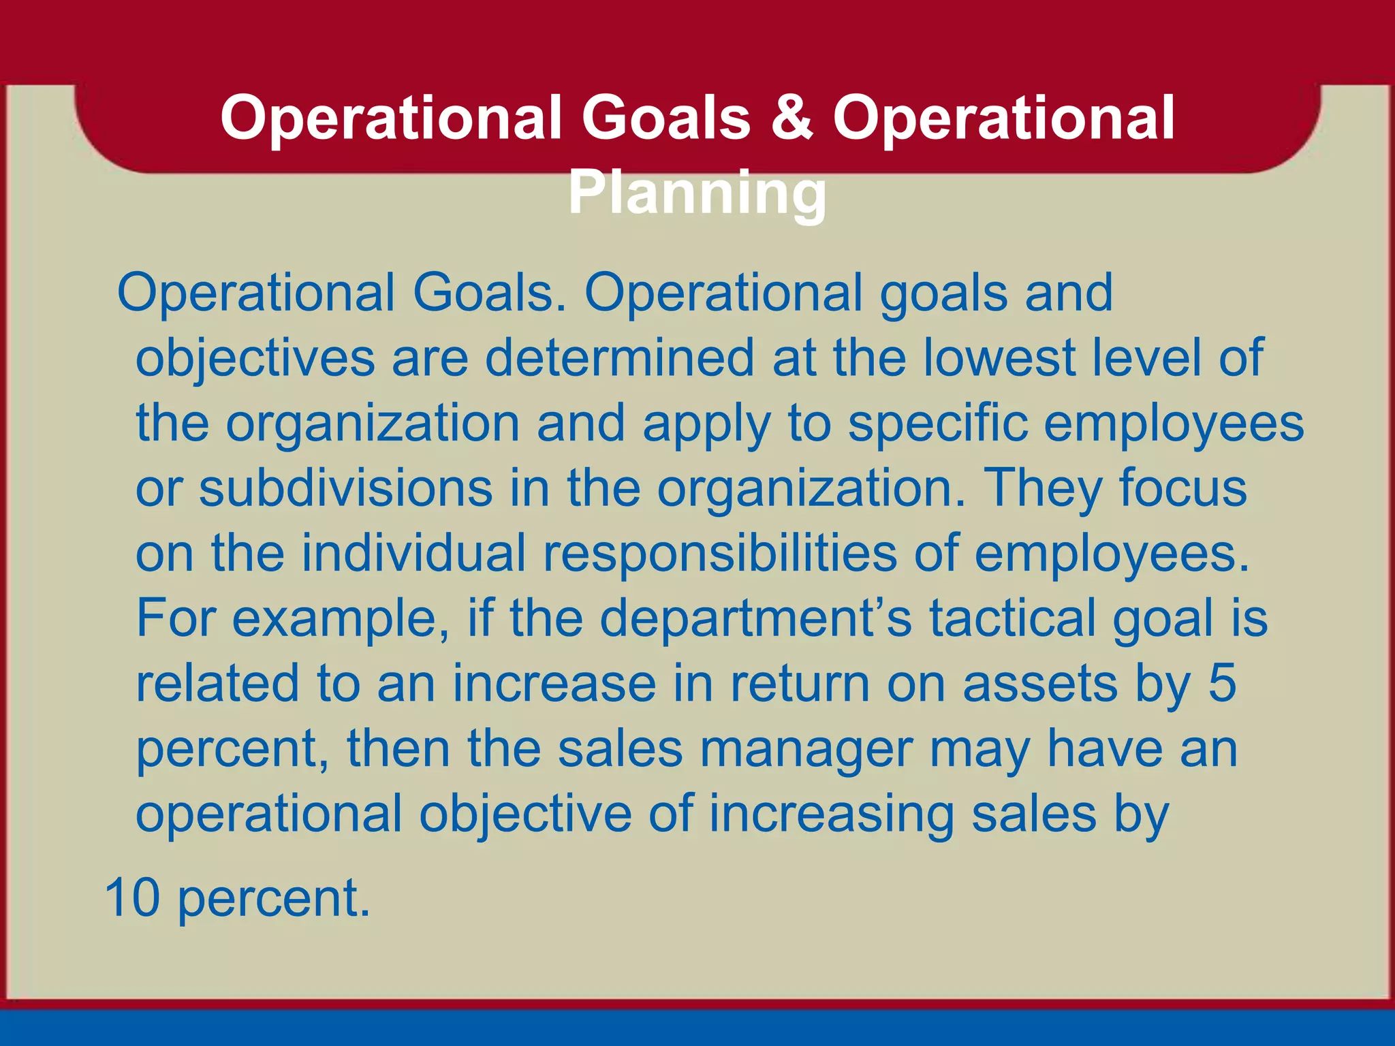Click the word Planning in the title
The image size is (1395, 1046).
coord(697,193)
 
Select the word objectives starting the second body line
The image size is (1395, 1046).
coord(255,358)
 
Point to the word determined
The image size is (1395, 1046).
coord(619,358)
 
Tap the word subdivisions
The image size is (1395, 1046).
coord(345,488)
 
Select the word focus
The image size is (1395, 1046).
coord(1182,488)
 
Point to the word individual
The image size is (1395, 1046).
coord(413,553)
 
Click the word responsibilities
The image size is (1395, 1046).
coord(719,553)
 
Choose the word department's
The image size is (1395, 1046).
coord(755,618)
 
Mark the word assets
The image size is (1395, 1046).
coord(1040,684)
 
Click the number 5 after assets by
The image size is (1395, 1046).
coord(1222,684)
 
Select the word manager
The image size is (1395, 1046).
coord(806,749)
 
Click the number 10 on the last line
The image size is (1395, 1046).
coord(132,898)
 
